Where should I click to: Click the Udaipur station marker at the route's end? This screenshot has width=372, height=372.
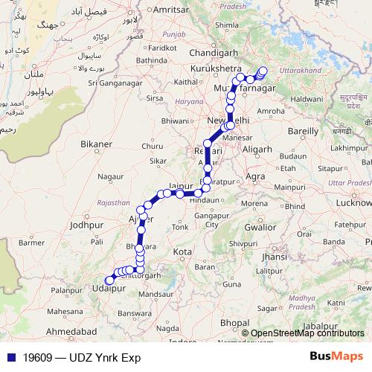point(109,280)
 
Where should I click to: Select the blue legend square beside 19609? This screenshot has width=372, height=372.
point(10,357)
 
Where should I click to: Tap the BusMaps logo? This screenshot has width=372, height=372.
point(336,356)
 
